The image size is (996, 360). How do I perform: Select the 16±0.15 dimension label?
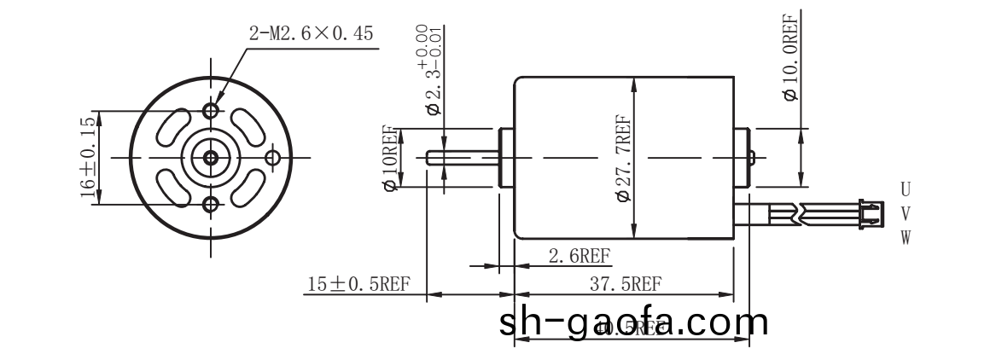(89, 159)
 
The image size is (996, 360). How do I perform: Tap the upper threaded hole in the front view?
(211, 112)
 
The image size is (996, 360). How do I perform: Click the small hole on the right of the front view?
(273, 157)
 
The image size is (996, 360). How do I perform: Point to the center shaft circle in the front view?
(211, 157)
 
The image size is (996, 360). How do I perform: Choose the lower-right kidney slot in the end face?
(247, 189)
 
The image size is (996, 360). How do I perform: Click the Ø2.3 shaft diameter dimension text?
(432, 73)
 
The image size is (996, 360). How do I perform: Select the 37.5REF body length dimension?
(627, 284)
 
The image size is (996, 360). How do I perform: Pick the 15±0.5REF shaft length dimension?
(359, 285)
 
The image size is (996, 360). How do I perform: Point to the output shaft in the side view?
(461, 158)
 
